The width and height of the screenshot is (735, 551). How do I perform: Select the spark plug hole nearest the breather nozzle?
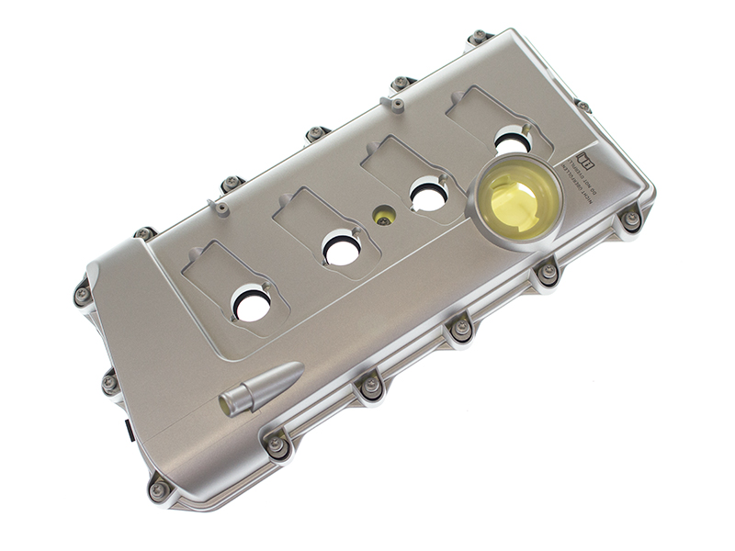pyautogui.click(x=251, y=304)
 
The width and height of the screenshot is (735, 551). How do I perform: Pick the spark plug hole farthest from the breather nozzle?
pyautogui.click(x=512, y=141)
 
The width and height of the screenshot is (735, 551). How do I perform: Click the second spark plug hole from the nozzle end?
pyautogui.click(x=341, y=248)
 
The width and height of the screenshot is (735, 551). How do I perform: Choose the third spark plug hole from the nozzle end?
pyautogui.click(x=428, y=194)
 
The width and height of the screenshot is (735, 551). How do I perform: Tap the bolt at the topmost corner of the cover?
pyautogui.click(x=478, y=38)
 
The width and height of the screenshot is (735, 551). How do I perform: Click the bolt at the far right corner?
pyautogui.click(x=631, y=219)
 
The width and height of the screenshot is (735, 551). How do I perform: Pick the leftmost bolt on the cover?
pyautogui.click(x=83, y=295)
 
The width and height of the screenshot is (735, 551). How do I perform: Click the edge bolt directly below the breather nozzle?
pyautogui.click(x=276, y=445)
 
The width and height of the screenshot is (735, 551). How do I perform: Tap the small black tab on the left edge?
pyautogui.click(x=130, y=428)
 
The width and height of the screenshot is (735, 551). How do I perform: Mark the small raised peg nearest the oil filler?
pyautogui.click(x=398, y=104)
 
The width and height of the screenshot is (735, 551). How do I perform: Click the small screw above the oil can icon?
pyautogui.click(x=582, y=107)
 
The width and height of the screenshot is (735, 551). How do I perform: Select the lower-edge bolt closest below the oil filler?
pyautogui.click(x=548, y=272)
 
